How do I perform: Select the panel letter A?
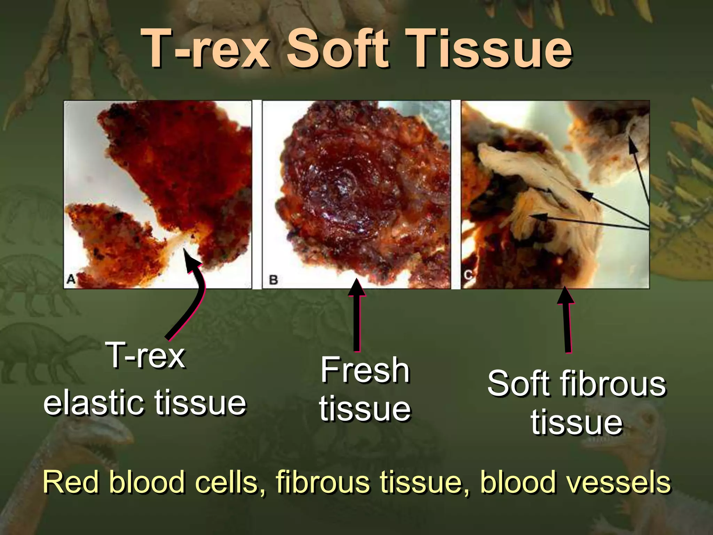click(71, 279)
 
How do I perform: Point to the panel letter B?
click(273, 280)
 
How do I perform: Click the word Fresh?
click(365, 370)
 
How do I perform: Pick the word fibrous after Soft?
click(613, 384)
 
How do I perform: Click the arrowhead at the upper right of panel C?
click(632, 145)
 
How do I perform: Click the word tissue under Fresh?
click(365, 408)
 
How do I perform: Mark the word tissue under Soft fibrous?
click(577, 422)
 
